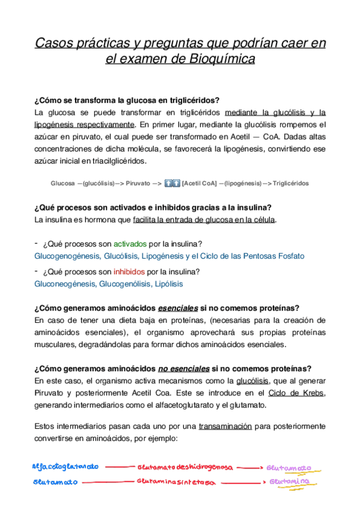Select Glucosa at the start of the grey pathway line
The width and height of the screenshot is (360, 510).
click(x=63, y=183)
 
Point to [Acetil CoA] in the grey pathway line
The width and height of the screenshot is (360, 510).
click(x=200, y=183)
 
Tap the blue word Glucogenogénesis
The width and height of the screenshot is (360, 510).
click(x=66, y=256)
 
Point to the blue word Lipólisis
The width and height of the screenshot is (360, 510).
click(x=169, y=283)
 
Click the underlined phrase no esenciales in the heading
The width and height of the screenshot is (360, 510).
click(x=184, y=369)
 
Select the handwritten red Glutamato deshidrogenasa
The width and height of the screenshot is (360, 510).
click(x=185, y=467)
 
